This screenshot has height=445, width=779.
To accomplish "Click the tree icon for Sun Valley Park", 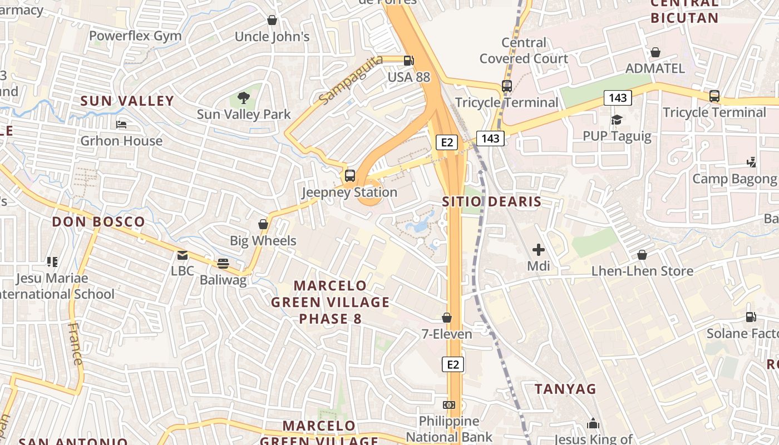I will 243,98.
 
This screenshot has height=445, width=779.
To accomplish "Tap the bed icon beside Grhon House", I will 121,125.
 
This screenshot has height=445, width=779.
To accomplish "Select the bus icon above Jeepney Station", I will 349,176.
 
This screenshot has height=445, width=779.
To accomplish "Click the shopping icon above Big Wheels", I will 263,224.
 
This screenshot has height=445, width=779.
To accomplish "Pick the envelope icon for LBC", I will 183,255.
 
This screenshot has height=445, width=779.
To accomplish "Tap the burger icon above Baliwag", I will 223,263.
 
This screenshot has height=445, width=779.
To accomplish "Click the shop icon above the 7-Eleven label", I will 446,318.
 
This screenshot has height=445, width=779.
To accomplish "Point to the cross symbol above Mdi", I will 538,250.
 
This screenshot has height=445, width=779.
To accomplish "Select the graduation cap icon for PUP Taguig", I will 617,120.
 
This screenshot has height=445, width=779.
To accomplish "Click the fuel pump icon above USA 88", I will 409,61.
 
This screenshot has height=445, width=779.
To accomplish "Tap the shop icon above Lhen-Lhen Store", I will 642,255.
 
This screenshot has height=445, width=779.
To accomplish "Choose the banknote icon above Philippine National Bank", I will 448,404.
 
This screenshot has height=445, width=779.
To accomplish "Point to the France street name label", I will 75,343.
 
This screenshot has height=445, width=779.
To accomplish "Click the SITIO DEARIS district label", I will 492,201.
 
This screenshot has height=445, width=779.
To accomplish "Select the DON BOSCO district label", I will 98,221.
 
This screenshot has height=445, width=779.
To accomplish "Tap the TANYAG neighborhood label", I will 565,389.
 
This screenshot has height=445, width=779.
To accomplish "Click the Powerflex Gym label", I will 135,36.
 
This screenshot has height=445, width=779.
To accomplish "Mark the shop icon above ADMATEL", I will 655,52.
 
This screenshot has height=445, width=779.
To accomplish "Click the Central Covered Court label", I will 524,51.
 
